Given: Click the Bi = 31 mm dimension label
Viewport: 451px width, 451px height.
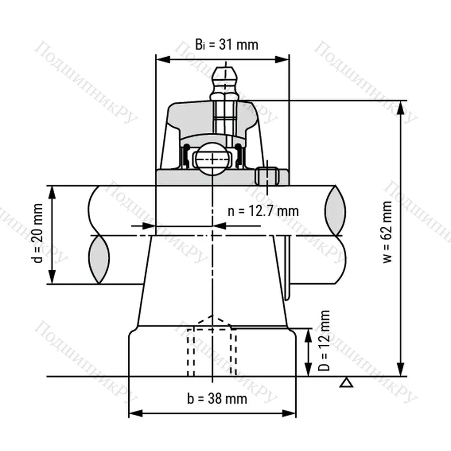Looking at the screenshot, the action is [x=227, y=45].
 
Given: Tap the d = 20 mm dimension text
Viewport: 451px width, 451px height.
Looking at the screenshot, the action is [x=38, y=233].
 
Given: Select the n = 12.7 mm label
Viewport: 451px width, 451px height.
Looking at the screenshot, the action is [x=263, y=211].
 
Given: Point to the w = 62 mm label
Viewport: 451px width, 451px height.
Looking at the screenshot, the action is [x=388, y=232].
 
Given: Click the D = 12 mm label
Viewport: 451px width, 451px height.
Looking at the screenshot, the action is [x=324, y=340].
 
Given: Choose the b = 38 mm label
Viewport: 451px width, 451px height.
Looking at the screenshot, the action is [x=217, y=399].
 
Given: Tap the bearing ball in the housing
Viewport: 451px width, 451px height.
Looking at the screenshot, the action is [x=212, y=158].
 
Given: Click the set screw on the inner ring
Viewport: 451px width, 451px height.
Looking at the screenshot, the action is [x=267, y=176].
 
